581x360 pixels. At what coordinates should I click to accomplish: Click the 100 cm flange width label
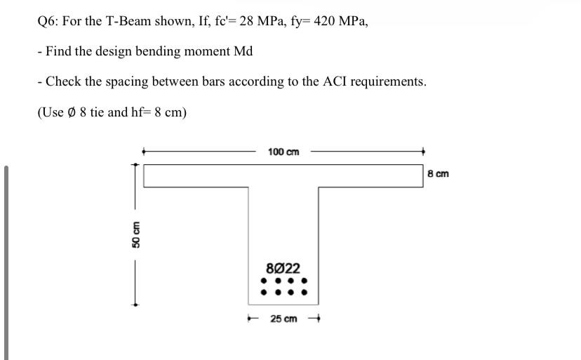point(283,152)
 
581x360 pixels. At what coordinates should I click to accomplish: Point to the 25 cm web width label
point(284,319)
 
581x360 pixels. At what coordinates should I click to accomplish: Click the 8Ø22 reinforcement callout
point(284,268)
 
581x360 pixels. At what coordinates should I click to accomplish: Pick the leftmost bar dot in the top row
point(263,282)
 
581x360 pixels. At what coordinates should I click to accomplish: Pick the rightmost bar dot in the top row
point(305,282)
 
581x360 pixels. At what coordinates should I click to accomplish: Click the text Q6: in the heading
point(48,21)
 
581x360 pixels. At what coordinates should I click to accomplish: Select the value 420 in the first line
point(325,21)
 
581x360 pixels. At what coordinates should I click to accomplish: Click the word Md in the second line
point(242,51)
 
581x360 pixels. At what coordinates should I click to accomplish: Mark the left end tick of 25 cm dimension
point(250,319)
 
